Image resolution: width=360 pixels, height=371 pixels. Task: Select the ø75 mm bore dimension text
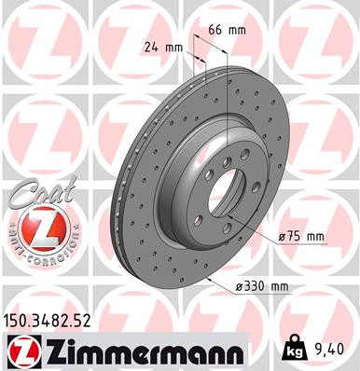click(300, 238)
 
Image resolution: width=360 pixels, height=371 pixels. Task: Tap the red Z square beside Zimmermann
click(22, 350)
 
